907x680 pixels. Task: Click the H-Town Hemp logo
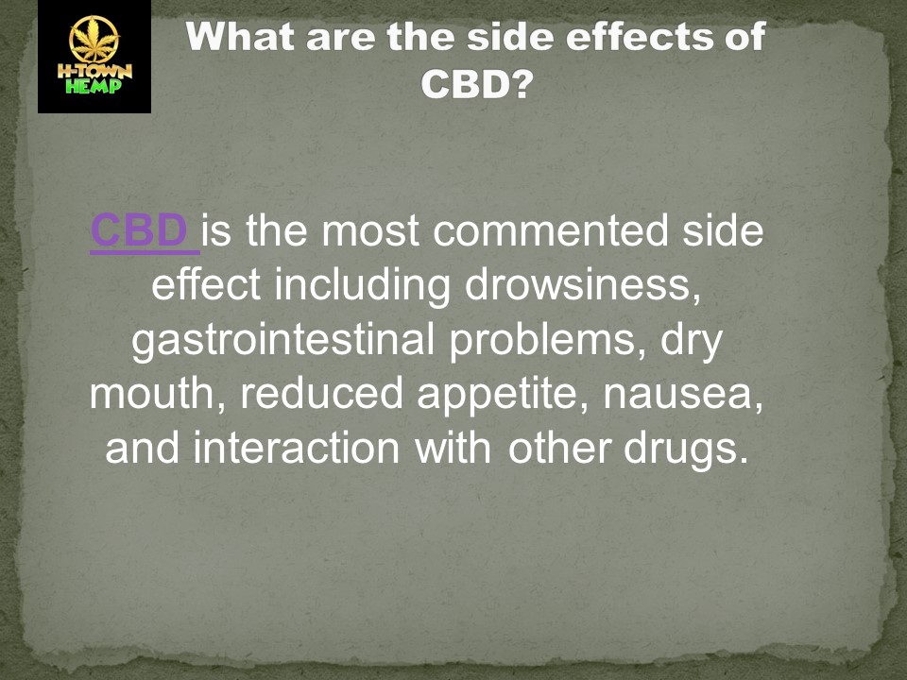(94, 57)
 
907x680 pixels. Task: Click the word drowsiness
(583, 285)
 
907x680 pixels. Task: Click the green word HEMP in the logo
(94, 88)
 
